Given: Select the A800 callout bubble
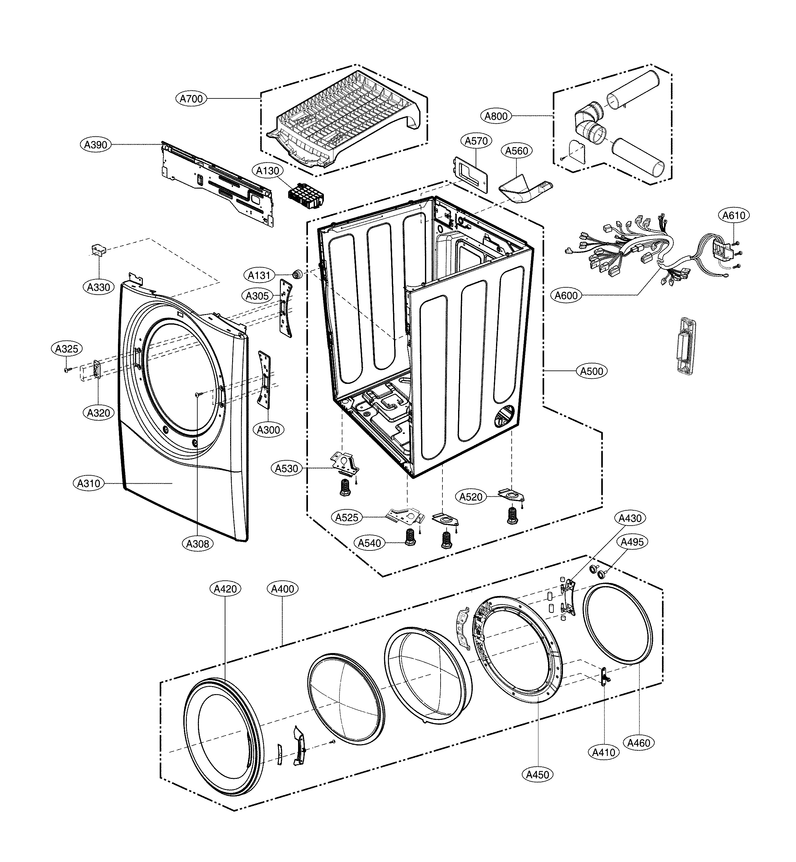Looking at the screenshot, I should point(496,116).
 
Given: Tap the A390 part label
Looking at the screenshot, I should point(96,145).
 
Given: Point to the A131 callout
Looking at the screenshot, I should point(259,275).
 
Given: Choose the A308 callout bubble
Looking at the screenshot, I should point(197,544).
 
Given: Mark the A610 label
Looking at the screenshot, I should point(734,215).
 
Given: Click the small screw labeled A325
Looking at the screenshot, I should point(67,370).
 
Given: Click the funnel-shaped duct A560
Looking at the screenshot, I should point(521,189).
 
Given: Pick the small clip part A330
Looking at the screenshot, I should point(98,250).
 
